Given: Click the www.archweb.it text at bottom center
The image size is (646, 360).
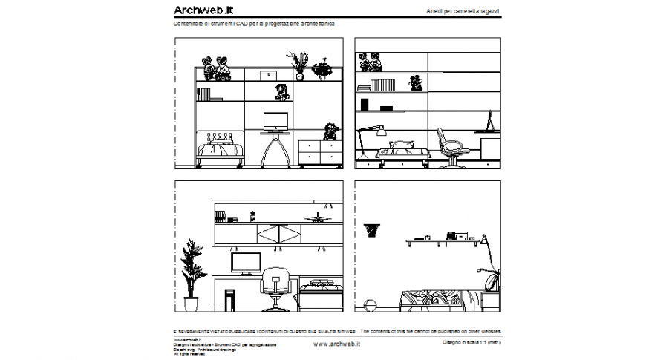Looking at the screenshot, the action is coord(336,344).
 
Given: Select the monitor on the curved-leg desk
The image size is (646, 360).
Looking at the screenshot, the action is coord(275,120).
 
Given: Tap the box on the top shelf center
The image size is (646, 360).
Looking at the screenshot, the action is coord(268,75).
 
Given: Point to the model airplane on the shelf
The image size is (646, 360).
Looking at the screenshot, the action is coord(317,218).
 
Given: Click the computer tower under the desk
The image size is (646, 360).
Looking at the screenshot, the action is coord(229,299).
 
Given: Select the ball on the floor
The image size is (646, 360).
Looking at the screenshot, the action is coord(369,304).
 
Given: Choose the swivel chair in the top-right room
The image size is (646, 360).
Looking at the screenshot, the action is coord(451,148).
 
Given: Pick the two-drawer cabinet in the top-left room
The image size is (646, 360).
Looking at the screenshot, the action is coord(319,152).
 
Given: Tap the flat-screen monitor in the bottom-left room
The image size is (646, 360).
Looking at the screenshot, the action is coord(246,262).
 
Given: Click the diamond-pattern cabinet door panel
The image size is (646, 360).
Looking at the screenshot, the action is coord(279,235).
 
